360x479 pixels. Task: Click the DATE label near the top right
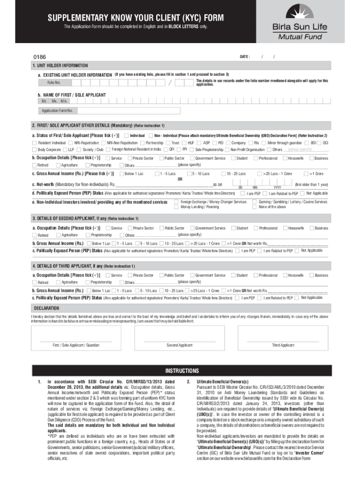click(245, 57)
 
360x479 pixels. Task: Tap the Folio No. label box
click(54, 83)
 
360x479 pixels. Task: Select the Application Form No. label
click(57, 111)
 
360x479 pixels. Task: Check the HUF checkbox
click(185, 142)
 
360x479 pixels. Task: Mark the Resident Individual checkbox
click(35, 142)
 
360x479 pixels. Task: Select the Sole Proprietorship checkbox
click(192, 150)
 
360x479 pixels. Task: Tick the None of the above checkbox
click(254, 207)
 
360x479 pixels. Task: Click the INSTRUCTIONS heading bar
click(180, 371)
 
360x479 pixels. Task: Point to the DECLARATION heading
click(46, 308)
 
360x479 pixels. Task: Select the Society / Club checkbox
click(79, 150)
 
